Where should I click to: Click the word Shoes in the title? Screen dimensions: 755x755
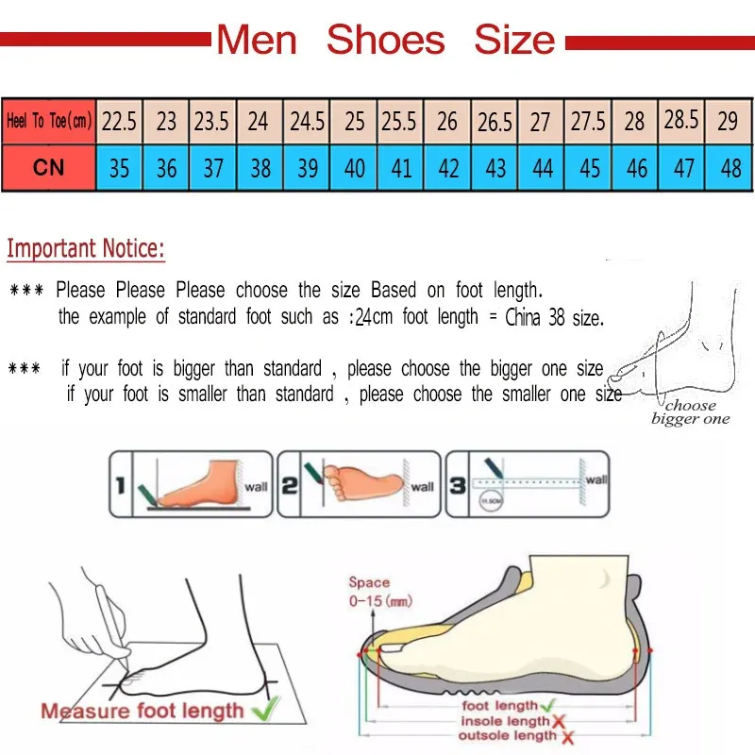385,40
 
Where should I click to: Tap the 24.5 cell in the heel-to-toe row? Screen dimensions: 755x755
307,122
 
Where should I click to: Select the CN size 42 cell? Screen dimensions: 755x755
448,168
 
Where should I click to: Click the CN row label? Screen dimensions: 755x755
48,168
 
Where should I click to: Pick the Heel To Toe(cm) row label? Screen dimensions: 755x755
48,122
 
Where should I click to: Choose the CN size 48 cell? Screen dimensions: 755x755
730,168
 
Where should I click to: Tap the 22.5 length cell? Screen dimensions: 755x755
119,122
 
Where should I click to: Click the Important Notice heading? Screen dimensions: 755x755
86,249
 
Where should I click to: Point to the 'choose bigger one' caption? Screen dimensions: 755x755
690,412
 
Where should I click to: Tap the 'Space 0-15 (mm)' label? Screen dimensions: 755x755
369,591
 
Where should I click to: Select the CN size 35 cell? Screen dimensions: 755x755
119,168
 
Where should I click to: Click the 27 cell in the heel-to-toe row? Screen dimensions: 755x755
541,122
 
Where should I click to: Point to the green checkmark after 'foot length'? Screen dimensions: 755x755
546,705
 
